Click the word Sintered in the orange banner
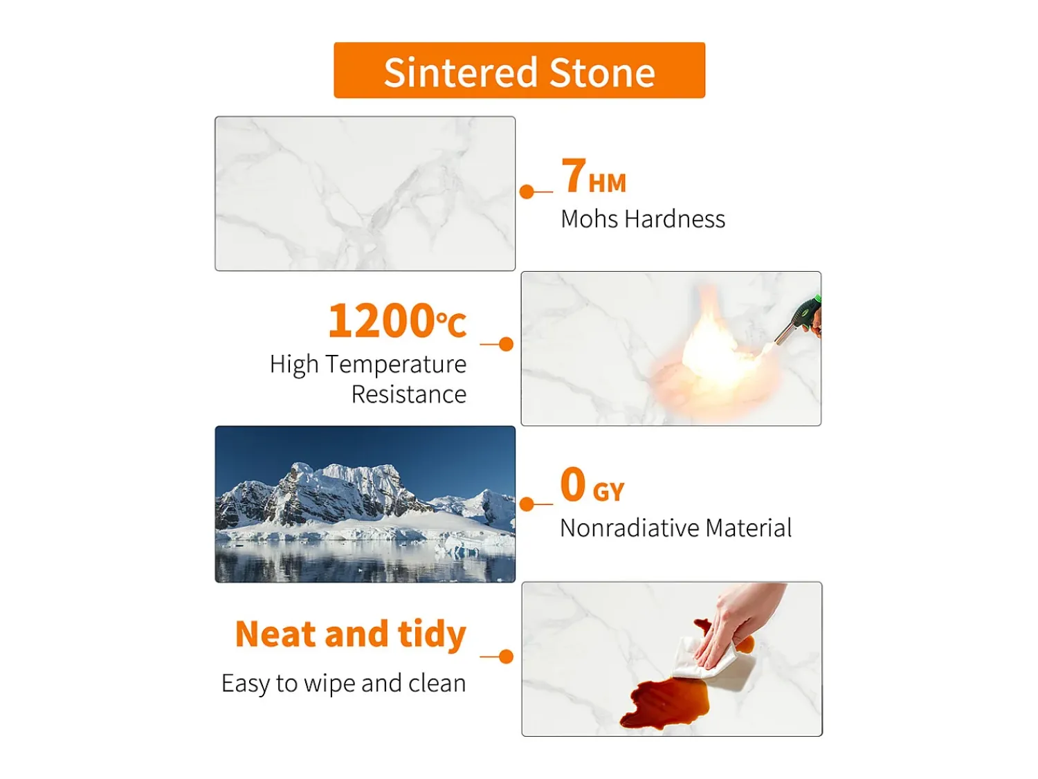click(460, 72)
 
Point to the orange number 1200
click(381, 320)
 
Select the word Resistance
click(408, 394)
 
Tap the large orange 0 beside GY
click(573, 484)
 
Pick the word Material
click(748, 528)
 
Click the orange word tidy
click(432, 635)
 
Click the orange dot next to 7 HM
click(527, 192)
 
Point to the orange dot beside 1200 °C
click(506, 344)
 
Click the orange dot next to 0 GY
click(527, 504)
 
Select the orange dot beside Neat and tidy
click(506, 657)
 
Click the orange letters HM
click(607, 183)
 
